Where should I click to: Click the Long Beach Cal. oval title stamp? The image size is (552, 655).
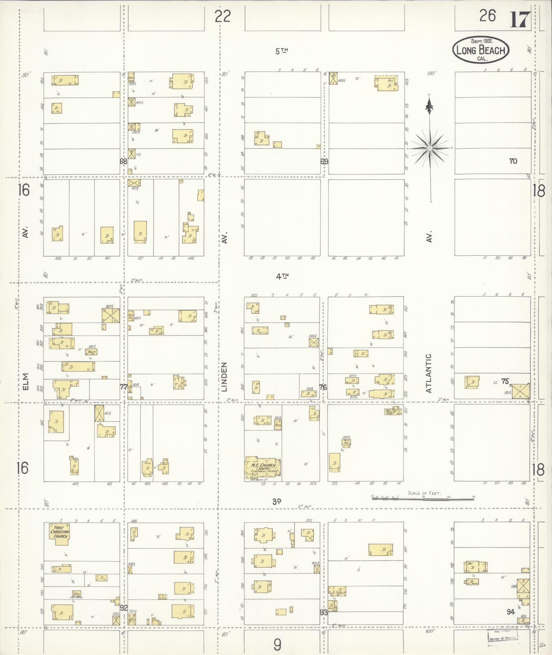(x=481, y=50)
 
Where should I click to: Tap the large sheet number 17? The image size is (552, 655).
(x=521, y=20)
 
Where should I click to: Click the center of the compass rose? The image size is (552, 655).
(x=430, y=148)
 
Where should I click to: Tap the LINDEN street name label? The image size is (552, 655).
(x=224, y=377)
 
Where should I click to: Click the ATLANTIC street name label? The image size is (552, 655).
(x=429, y=373)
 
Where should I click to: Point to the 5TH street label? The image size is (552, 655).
(x=282, y=51)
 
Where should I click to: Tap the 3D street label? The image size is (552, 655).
(x=277, y=502)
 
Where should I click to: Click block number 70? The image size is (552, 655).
(x=513, y=161)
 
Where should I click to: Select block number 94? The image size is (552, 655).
(x=511, y=612)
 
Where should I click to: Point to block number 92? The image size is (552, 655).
(x=124, y=608)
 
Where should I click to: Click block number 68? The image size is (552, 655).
(x=123, y=161)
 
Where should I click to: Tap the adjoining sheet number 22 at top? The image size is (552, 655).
(x=223, y=16)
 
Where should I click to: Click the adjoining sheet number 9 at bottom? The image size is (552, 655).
(x=277, y=645)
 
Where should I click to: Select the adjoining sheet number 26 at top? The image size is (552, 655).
(x=488, y=16)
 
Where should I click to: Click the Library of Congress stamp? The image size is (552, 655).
(x=503, y=637)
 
